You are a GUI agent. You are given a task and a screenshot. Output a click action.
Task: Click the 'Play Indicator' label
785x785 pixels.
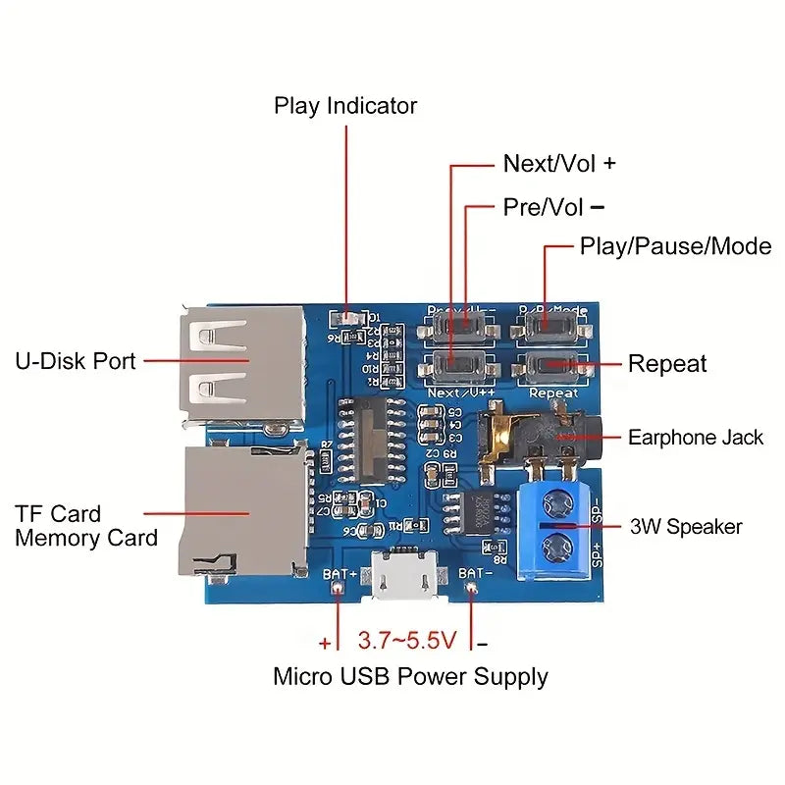345,106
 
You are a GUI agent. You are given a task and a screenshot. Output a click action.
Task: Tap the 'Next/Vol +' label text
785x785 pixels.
559,164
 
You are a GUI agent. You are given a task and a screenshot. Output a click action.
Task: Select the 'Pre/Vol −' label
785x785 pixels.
553,207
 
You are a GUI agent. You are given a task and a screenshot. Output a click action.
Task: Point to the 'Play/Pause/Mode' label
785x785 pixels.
675,245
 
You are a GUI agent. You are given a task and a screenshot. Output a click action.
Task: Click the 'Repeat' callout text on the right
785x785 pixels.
667,364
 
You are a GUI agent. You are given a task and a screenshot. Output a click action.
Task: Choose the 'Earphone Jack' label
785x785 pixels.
695,438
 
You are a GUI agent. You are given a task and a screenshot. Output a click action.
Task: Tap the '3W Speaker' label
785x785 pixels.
686,527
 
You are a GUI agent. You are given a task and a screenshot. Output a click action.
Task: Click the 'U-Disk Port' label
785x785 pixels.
76,361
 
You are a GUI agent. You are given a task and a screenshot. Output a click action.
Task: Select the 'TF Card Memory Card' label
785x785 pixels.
86,526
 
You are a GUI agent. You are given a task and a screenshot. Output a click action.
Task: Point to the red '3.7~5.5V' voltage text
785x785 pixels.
407,642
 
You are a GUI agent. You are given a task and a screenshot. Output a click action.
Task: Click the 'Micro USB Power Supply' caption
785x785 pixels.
410,676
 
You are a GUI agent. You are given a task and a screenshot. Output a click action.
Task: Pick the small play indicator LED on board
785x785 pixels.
344,318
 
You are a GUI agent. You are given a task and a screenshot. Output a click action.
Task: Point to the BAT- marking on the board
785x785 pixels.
475,572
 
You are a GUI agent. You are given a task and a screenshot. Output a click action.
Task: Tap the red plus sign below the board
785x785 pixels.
326,644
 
